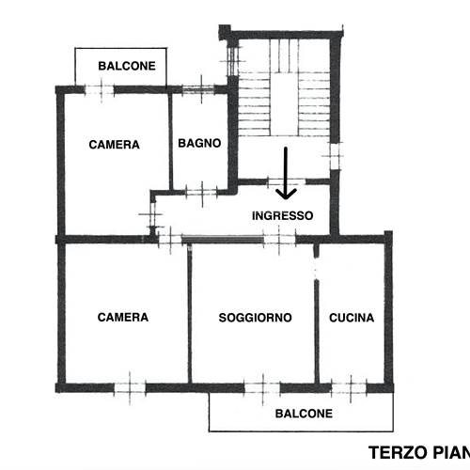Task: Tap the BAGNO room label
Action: pyautogui.click(x=199, y=144)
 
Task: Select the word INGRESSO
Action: pyautogui.click(x=282, y=215)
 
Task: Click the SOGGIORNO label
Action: pyautogui.click(x=255, y=318)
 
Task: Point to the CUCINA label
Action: pyautogui.click(x=352, y=318)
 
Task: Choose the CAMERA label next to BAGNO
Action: pyautogui.click(x=115, y=145)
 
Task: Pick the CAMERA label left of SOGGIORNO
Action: pyautogui.click(x=123, y=318)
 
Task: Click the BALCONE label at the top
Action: pyautogui.click(x=122, y=66)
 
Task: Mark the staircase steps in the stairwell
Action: pyautogui.click(x=282, y=94)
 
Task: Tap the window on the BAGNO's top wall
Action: pyautogui.click(x=198, y=89)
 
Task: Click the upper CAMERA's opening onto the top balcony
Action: pyautogui.click(x=99, y=89)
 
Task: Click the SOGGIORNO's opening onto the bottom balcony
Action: pyautogui.click(x=263, y=385)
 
